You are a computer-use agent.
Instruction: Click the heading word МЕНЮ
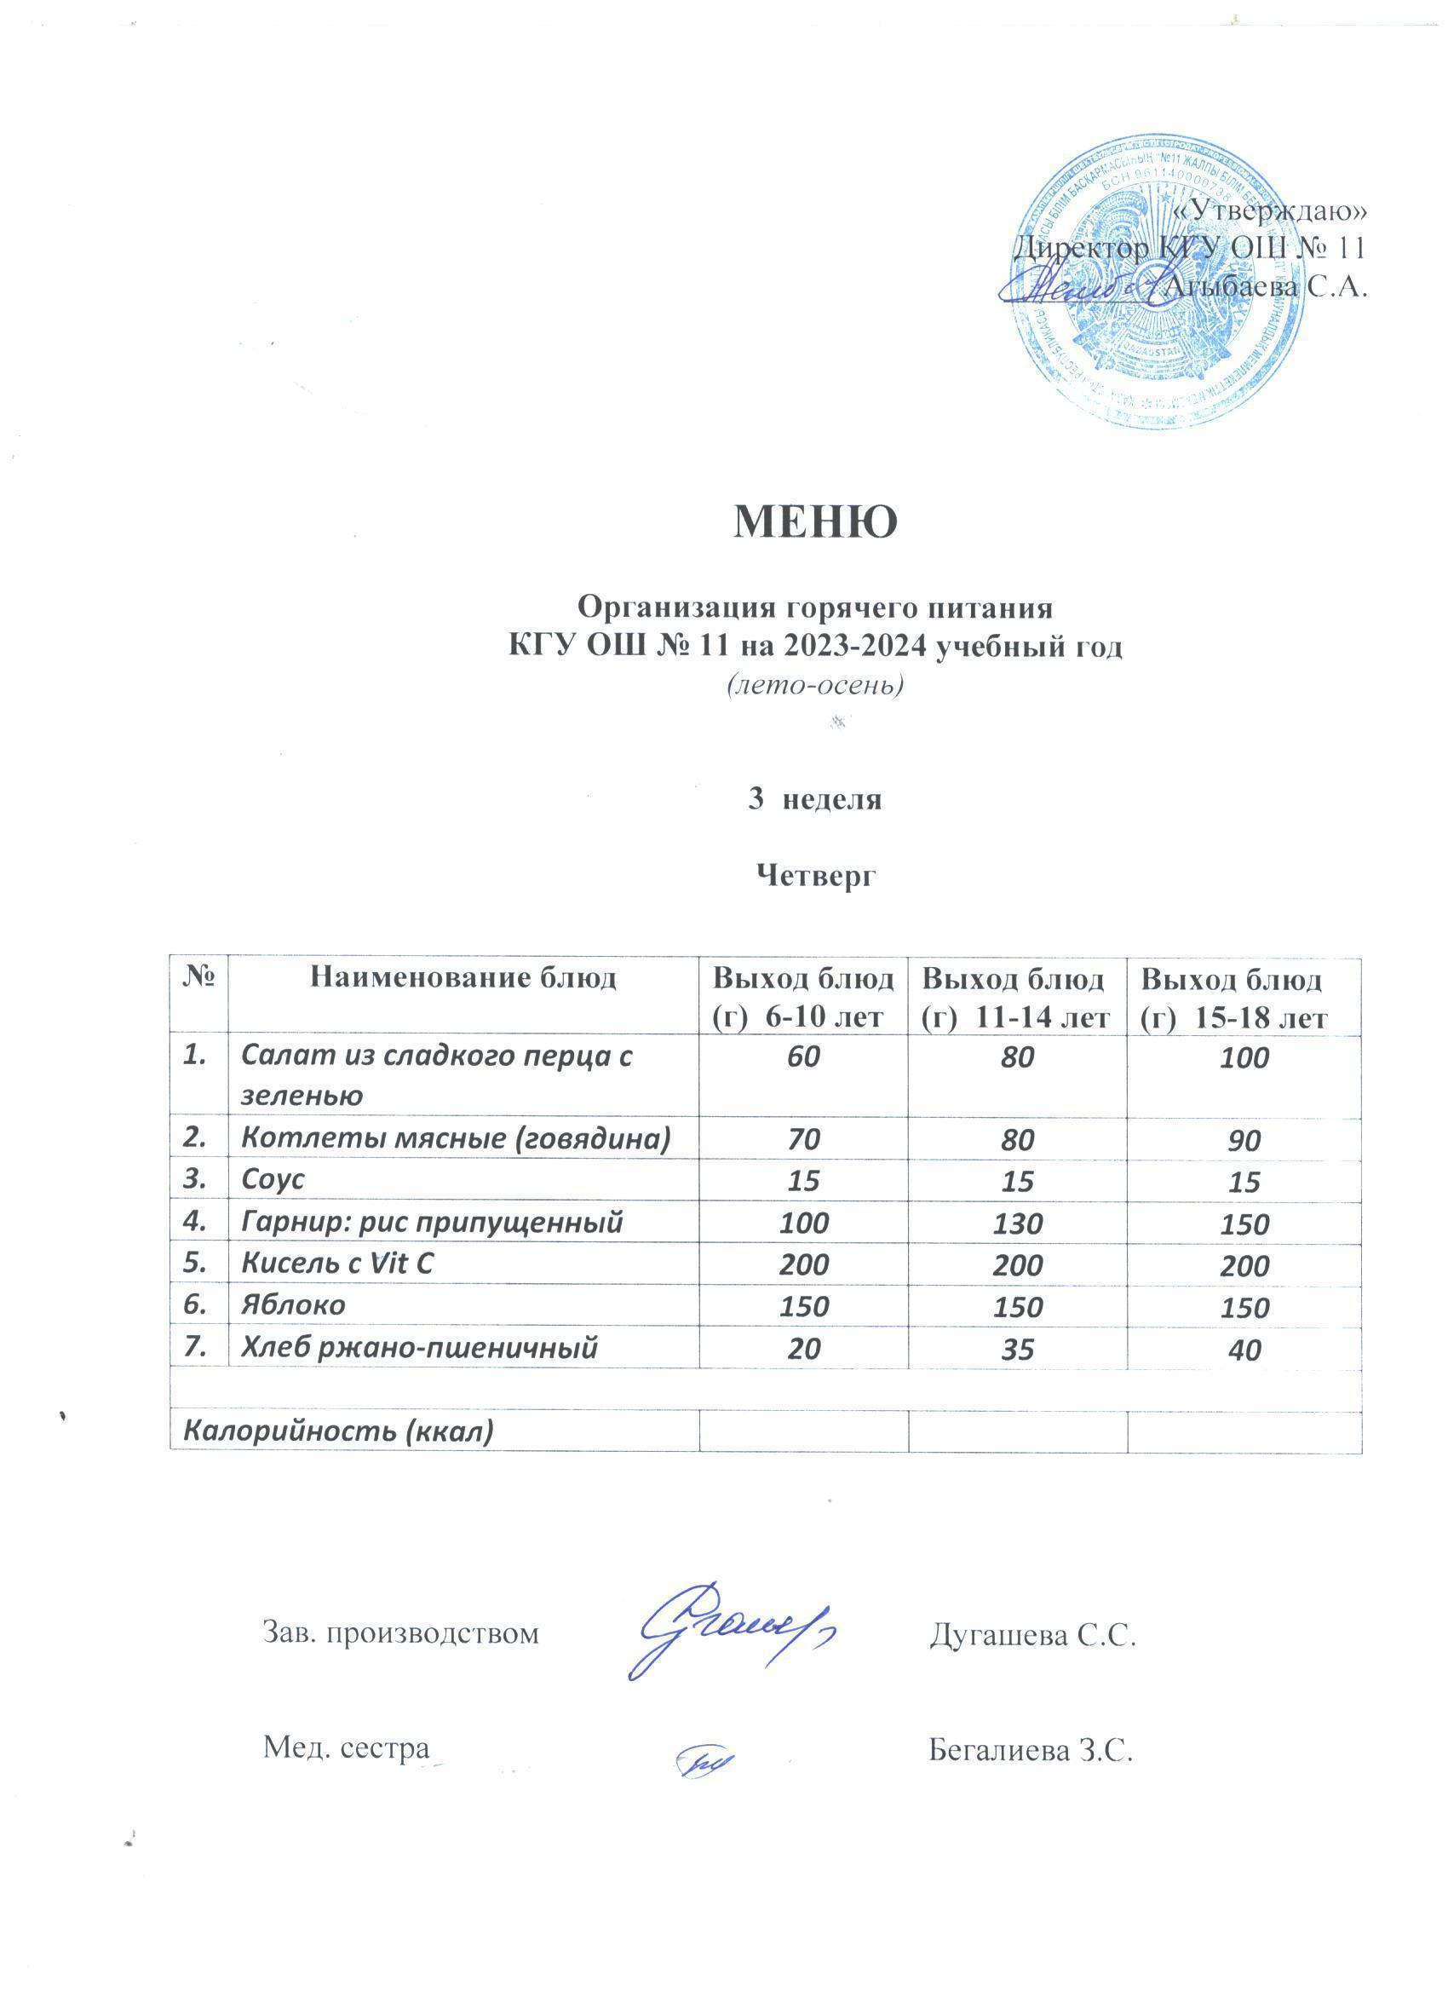point(815,521)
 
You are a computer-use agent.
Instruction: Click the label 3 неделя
point(814,799)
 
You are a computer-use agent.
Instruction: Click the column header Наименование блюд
point(463,977)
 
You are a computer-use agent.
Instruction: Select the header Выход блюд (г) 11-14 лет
point(1017,997)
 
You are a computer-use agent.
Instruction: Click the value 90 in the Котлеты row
point(1244,1140)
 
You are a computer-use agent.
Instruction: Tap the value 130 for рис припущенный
point(1018,1223)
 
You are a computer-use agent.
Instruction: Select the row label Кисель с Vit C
point(338,1264)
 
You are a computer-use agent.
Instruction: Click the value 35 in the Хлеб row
point(1018,1348)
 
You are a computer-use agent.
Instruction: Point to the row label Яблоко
point(293,1305)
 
